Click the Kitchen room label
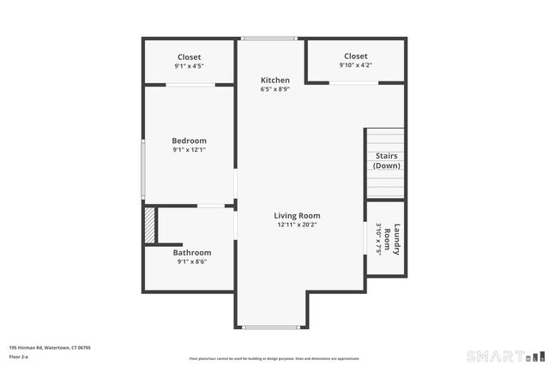point(274,80)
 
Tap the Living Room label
point(297,215)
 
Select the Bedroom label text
point(189,141)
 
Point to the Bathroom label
point(191,253)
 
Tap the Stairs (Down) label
point(386,160)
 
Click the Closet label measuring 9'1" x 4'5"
point(189,57)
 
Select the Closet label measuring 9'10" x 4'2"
point(355,56)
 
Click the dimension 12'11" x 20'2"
point(297,225)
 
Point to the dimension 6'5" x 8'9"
point(274,89)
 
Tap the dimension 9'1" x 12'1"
point(189,150)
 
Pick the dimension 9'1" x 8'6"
point(191,262)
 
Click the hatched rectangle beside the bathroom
point(149,225)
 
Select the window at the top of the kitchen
point(268,39)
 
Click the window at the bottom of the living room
point(270,327)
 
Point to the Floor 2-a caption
point(19,356)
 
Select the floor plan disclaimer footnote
point(274,358)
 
